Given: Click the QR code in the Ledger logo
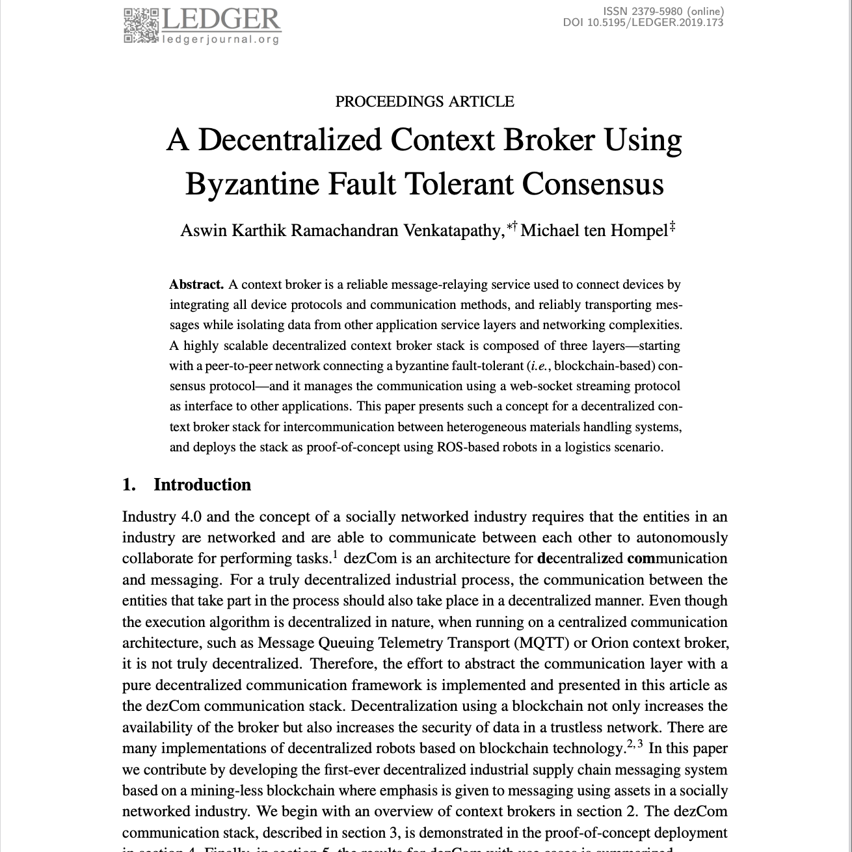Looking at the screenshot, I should point(140,25).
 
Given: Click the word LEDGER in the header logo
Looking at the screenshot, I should point(221,19).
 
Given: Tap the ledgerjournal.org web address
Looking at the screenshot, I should point(221,39).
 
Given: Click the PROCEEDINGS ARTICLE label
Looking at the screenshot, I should point(425,101).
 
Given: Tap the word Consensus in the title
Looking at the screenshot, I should point(592,183).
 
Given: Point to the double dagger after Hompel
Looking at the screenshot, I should point(672,226).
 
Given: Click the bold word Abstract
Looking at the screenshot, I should point(196,284).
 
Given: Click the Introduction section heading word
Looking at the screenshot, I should point(202,485).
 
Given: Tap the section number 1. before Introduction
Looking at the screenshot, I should point(129,485).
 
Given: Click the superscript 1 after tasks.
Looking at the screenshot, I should point(336,554).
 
